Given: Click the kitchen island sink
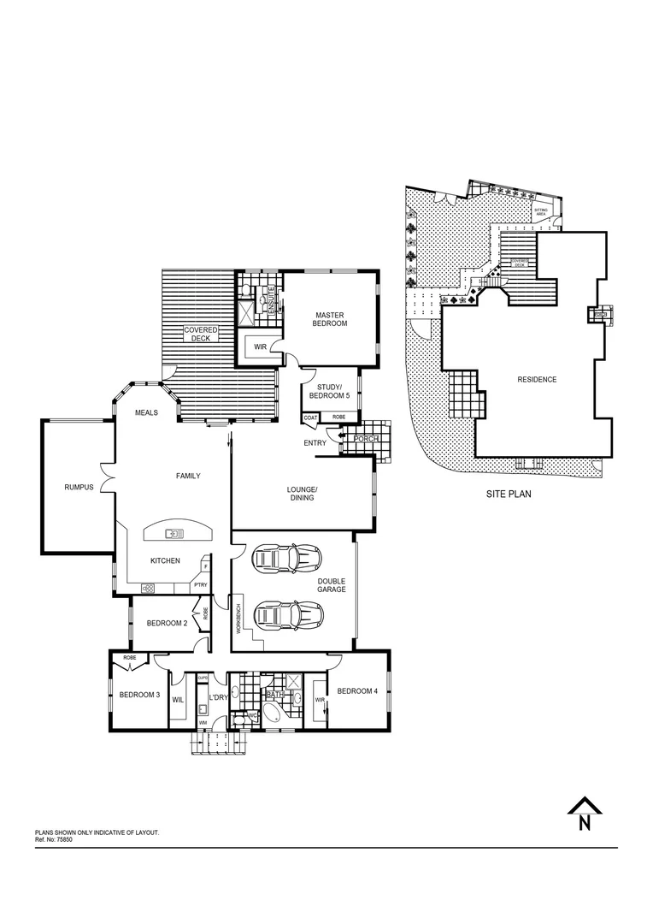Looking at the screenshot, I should tap(174, 534).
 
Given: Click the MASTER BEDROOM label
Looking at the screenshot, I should tap(330, 319).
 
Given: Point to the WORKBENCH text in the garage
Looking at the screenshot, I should tap(238, 617).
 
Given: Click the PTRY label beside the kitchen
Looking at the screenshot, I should tap(199, 585).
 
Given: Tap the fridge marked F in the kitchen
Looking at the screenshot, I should tap(206, 566).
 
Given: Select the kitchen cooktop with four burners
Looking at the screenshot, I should tap(147, 588).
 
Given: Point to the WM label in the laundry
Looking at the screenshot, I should tap(203, 722).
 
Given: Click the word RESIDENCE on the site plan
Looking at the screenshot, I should tap(537, 379).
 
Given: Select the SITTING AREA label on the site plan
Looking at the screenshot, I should tap(541, 211).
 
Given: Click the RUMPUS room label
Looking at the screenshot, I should tap(78, 488).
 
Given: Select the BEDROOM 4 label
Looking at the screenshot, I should tap(356, 690).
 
